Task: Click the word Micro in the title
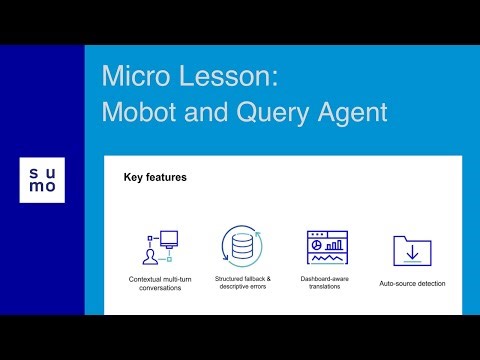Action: point(135,77)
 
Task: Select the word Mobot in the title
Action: point(143,112)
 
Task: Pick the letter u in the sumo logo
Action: point(50,172)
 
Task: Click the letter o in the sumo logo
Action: point(50,188)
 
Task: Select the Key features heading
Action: point(155,178)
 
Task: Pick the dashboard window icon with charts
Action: point(326,246)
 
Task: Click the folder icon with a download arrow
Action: point(411,250)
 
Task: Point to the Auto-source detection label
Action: point(412,283)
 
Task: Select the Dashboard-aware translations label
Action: point(327,283)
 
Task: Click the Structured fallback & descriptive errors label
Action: point(241,283)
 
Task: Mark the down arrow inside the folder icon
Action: point(411,251)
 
